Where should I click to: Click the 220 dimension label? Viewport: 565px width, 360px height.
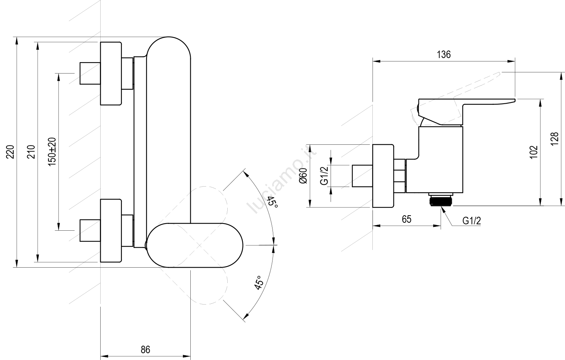tap(11, 152)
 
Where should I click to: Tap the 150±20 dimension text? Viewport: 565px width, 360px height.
tap(52, 152)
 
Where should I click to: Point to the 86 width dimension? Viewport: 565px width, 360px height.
tap(145, 350)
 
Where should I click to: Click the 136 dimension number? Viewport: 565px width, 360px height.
tap(444, 55)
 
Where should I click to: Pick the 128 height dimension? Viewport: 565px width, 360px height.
tap(554, 139)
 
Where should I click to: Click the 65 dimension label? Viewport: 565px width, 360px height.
tap(406, 219)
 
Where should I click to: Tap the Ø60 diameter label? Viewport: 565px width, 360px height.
tap(304, 176)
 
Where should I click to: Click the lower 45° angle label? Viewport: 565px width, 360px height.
tap(259, 283)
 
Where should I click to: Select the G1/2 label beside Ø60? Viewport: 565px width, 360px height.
tap(325, 176)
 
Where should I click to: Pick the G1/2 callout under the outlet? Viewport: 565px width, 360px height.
tap(472, 221)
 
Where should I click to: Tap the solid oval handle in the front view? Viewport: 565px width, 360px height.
tap(194, 245)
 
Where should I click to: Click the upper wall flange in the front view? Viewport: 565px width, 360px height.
tap(111, 74)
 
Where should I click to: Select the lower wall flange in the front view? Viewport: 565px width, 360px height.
tap(111, 230)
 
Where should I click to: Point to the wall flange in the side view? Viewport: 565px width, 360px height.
tap(383, 176)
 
